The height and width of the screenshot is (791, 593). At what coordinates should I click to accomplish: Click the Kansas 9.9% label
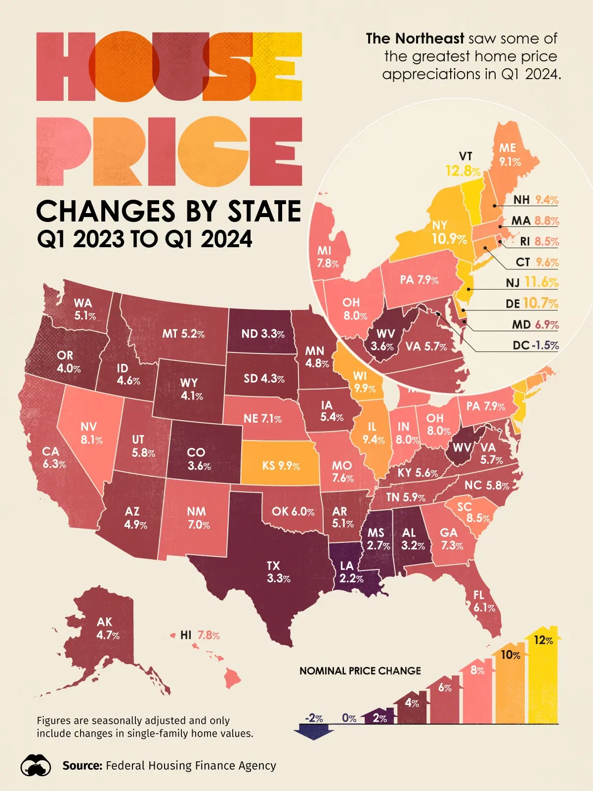point(281,466)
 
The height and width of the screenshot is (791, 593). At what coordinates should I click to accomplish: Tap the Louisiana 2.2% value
point(351,578)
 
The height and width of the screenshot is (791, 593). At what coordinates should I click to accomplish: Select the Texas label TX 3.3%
point(278,572)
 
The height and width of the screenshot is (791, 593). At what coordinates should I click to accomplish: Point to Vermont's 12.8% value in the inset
point(463,172)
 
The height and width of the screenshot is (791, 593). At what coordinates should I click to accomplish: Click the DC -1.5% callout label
point(536,345)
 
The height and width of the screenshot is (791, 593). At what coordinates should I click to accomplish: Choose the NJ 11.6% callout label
point(532,282)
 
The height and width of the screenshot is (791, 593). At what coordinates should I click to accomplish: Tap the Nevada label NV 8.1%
point(91,433)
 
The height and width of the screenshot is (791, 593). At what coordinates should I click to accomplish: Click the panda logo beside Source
point(36,766)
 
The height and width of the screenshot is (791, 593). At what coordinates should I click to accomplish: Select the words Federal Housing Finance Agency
point(191,766)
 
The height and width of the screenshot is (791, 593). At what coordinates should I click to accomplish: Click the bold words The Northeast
point(415,39)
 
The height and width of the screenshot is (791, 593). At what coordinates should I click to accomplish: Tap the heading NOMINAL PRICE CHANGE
point(360,671)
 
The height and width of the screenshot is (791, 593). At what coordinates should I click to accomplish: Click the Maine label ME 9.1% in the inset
point(509,155)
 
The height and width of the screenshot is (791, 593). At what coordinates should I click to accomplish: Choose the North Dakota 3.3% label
point(263,334)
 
